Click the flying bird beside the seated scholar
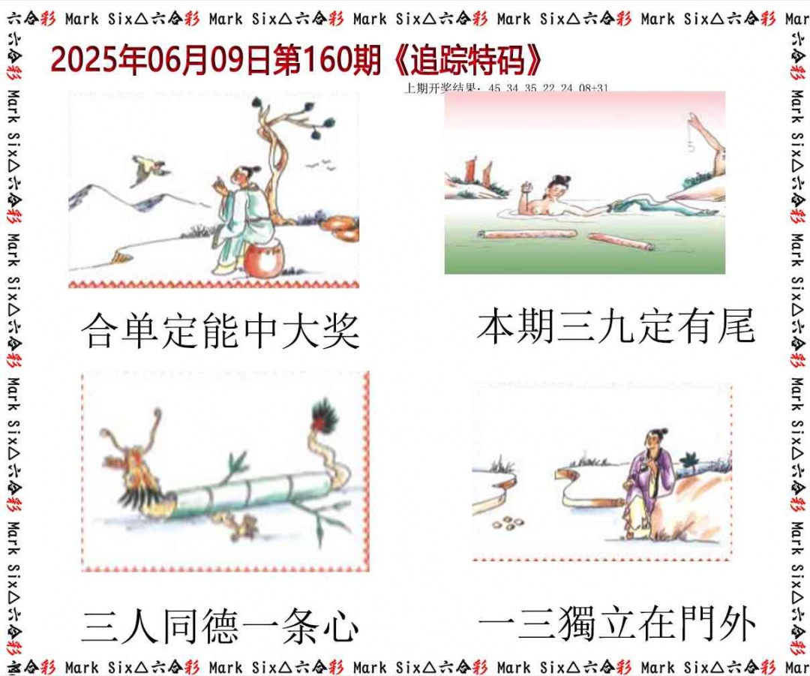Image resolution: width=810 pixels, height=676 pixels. (148, 170)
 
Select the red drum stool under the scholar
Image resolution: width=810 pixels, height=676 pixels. (261, 258)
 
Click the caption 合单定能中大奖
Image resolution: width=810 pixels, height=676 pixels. (220, 331)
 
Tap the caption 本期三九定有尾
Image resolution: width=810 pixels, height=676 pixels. (615, 327)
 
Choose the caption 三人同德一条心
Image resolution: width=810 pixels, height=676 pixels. (220, 627)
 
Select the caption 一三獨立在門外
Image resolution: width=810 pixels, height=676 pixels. (616, 624)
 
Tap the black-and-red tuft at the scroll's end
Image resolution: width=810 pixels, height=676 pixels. (325, 415)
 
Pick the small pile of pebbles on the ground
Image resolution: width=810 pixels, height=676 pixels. (508, 521)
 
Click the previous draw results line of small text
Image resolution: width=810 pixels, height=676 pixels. (506, 88)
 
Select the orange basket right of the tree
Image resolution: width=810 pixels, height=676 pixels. (340, 224)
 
